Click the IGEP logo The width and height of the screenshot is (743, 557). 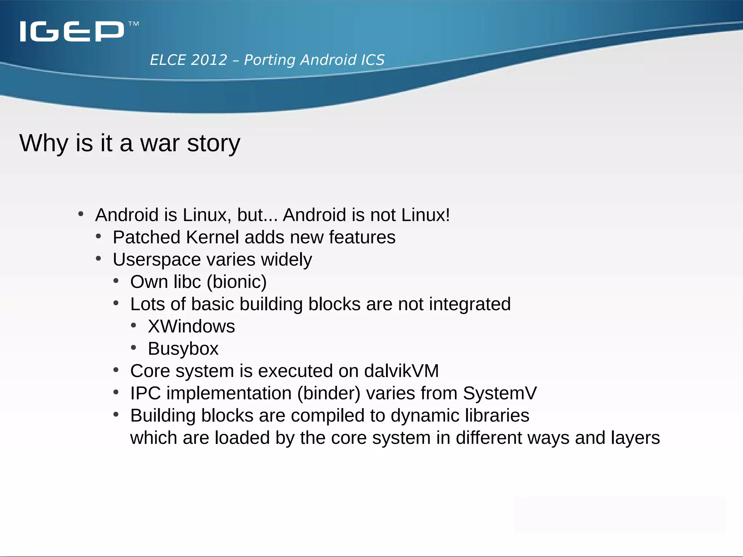click(x=72, y=31)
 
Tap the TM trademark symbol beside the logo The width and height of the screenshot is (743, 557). click(x=134, y=24)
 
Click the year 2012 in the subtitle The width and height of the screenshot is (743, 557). click(x=209, y=60)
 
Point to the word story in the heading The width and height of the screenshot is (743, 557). click(x=214, y=144)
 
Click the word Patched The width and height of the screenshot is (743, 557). click(x=146, y=237)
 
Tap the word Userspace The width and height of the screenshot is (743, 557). click(x=157, y=260)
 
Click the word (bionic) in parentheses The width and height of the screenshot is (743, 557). click(x=237, y=282)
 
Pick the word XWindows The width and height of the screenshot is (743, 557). click(x=191, y=326)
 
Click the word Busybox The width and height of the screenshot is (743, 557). click(x=183, y=349)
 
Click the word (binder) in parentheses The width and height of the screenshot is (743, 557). click(x=329, y=393)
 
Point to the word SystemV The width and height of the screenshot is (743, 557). click(x=500, y=393)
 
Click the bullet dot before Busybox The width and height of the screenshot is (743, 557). click(x=134, y=348)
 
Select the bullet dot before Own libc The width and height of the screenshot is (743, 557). click(x=116, y=281)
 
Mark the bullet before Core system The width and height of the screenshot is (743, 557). click(x=116, y=370)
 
